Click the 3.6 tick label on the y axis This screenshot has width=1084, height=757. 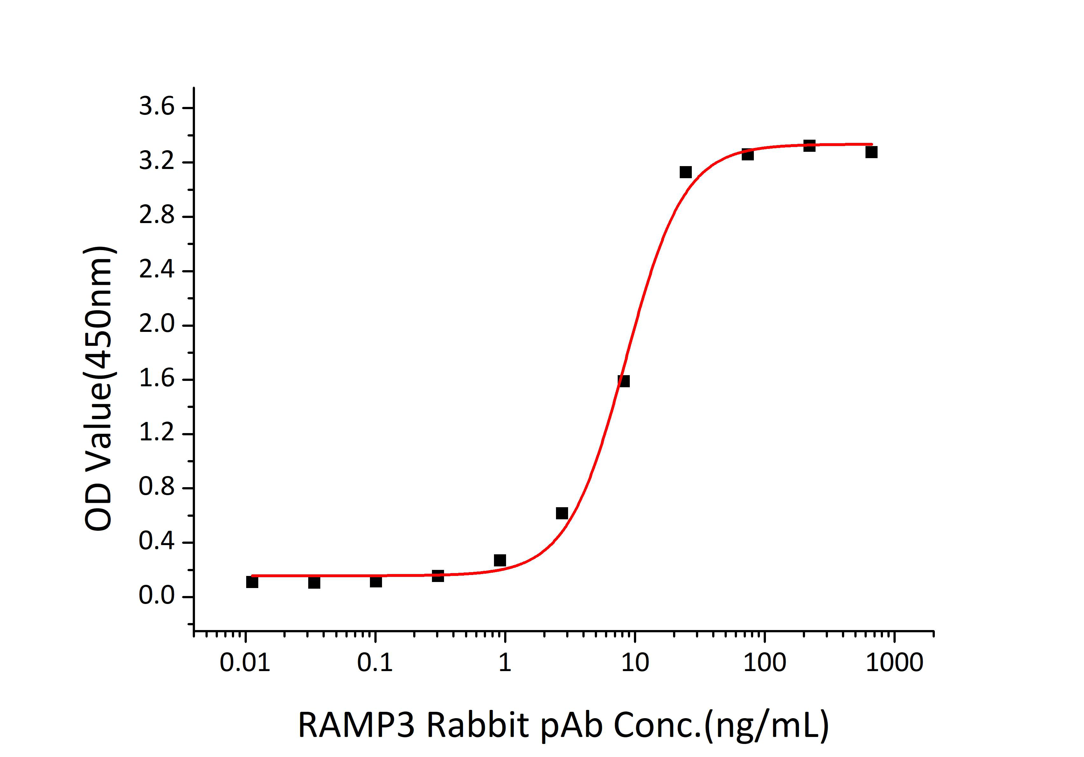(156, 107)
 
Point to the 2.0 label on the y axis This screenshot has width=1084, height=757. (156, 325)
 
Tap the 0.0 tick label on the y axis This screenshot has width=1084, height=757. (156, 596)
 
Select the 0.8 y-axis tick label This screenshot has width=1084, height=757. (156, 488)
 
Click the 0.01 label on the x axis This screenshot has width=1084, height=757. (245, 663)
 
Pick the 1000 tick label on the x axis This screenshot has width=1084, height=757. (894, 663)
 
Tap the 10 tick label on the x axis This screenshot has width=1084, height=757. (635, 663)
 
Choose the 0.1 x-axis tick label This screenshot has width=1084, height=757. (375, 663)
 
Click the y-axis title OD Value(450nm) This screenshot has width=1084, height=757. (99, 388)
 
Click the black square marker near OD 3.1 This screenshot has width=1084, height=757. (685, 172)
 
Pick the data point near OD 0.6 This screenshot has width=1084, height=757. (562, 513)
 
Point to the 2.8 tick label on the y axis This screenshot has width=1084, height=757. (156, 216)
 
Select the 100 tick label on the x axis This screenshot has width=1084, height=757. (764, 663)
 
